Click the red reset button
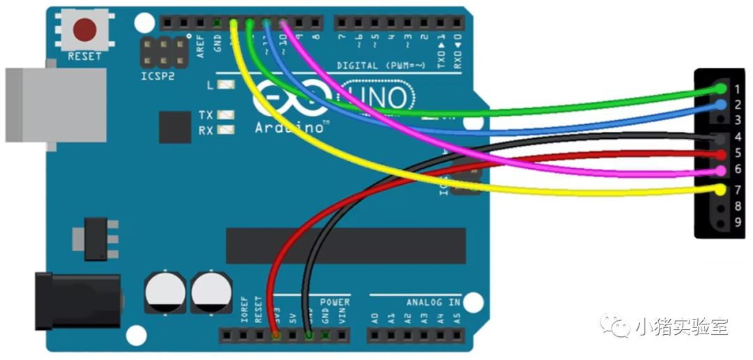[x=85, y=30]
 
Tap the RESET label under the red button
[x=85, y=57]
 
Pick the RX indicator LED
[x=226, y=130]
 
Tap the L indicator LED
[x=226, y=86]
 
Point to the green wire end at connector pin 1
[x=720, y=89]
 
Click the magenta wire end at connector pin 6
[x=720, y=170]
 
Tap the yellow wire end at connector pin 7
[x=720, y=189]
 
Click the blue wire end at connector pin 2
[x=720, y=105]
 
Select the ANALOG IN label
[x=434, y=303]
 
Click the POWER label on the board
[x=335, y=302]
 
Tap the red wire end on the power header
[x=277, y=336]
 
